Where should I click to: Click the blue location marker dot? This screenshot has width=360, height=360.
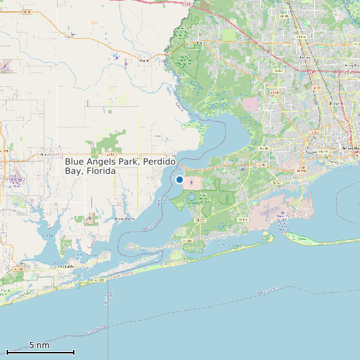[x=179, y=179]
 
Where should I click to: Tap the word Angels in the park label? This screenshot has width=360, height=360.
[x=104, y=162]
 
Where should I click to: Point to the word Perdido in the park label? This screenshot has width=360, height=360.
[x=160, y=162]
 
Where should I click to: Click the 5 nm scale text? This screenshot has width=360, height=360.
[x=39, y=345]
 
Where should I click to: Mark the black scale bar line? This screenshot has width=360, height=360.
[x=40, y=351]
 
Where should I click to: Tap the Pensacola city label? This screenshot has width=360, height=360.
[x=350, y=147]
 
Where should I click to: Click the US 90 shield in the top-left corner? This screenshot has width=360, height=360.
[x=27, y=12]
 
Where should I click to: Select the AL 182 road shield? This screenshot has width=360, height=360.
[x=100, y=281]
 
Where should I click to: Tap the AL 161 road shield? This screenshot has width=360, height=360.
[x=19, y=268]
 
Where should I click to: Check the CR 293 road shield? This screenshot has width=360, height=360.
[x=187, y=240]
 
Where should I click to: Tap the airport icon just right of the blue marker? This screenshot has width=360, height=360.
[x=193, y=181]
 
